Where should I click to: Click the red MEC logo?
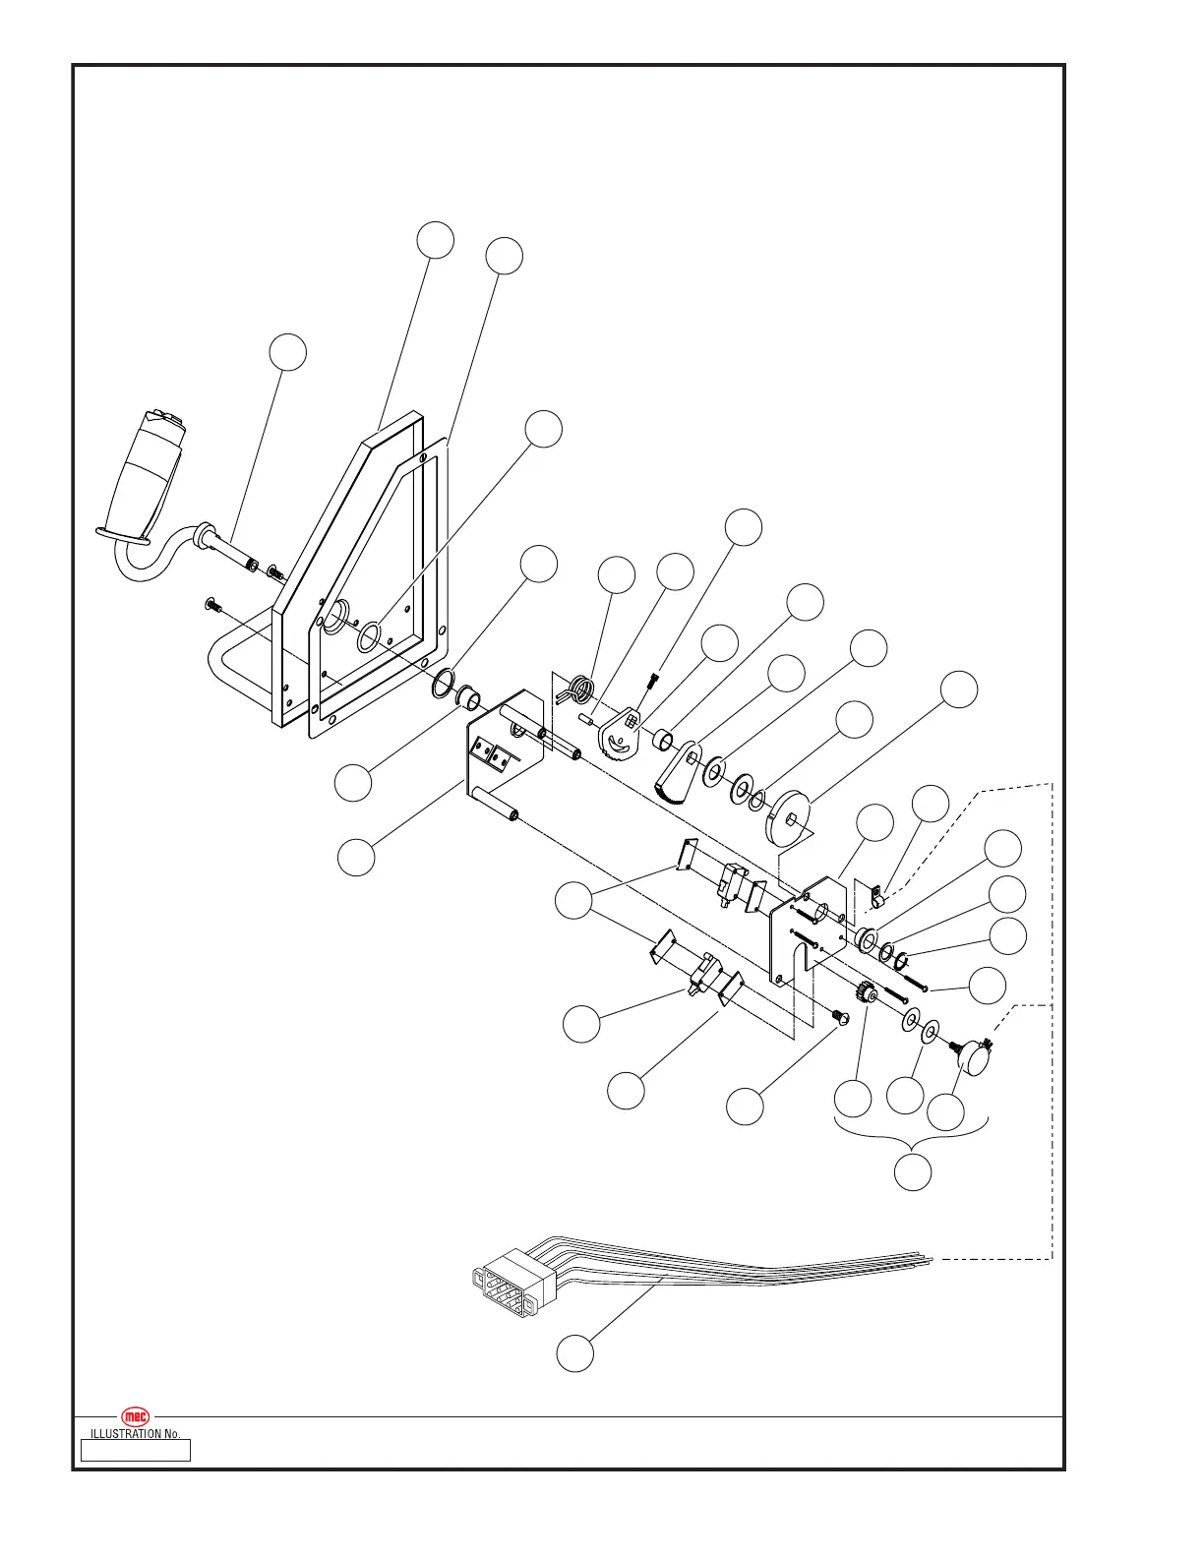[x=135, y=1416]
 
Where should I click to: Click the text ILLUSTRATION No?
[x=135, y=1434]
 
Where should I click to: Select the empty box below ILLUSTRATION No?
[x=135, y=1450]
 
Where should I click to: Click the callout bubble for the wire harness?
[x=574, y=1352]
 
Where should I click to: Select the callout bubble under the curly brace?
[x=913, y=1171]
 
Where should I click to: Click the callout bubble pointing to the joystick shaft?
[x=287, y=352]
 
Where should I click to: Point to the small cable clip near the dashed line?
[x=879, y=897]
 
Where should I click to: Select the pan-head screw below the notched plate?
[x=839, y=1017]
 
